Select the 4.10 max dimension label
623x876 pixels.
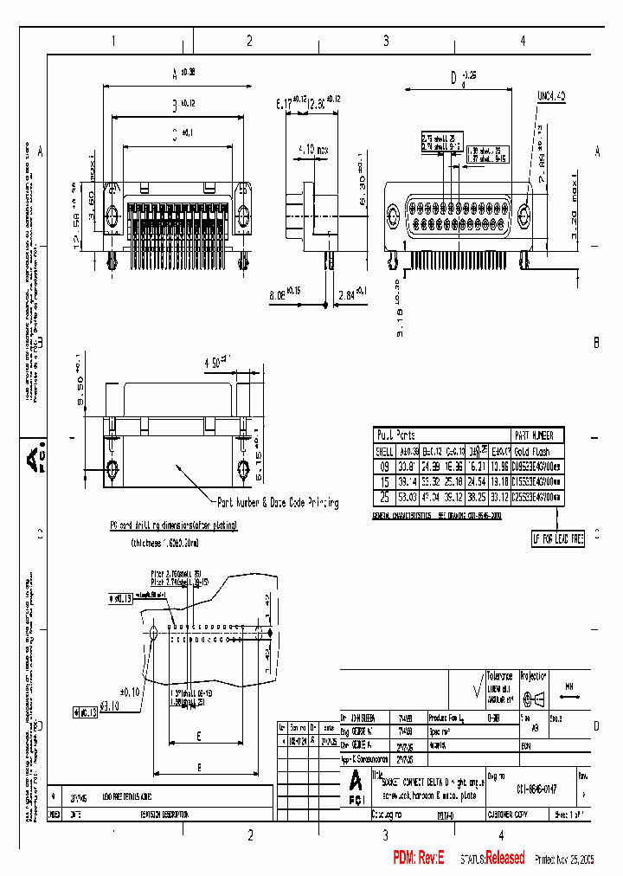(x=311, y=150)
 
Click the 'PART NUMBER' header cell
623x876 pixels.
(x=533, y=436)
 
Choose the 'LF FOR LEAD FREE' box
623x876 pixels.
(x=558, y=539)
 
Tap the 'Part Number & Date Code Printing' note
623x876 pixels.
(x=277, y=503)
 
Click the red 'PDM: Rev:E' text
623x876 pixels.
(x=418, y=858)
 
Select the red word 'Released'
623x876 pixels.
(x=504, y=858)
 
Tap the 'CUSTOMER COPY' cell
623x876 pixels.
(x=512, y=815)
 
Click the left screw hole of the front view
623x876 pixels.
(x=112, y=216)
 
